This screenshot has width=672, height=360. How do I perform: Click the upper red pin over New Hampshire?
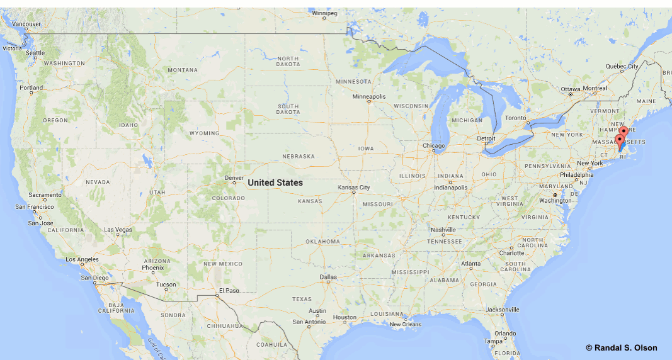[623, 131]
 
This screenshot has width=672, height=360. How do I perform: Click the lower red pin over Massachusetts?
[619, 140]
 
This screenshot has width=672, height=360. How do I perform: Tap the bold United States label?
[275, 183]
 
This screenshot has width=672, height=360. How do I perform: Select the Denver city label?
[234, 177]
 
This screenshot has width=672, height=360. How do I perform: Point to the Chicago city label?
[434, 146]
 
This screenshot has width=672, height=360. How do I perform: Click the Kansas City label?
[354, 188]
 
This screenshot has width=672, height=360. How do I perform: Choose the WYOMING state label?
[204, 133]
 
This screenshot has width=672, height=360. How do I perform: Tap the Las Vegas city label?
[118, 230]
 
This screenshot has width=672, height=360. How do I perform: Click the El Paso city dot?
[218, 296]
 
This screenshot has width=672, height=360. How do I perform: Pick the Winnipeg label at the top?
[325, 13]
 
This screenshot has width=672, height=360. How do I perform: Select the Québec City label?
[622, 66]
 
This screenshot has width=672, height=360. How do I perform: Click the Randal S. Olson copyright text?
[621, 348]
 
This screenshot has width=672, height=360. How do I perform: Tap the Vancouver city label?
[26, 24]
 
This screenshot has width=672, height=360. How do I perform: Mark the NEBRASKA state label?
[298, 156]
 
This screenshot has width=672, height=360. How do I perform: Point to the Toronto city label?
[515, 118]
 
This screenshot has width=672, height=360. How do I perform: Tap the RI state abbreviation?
[624, 157]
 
